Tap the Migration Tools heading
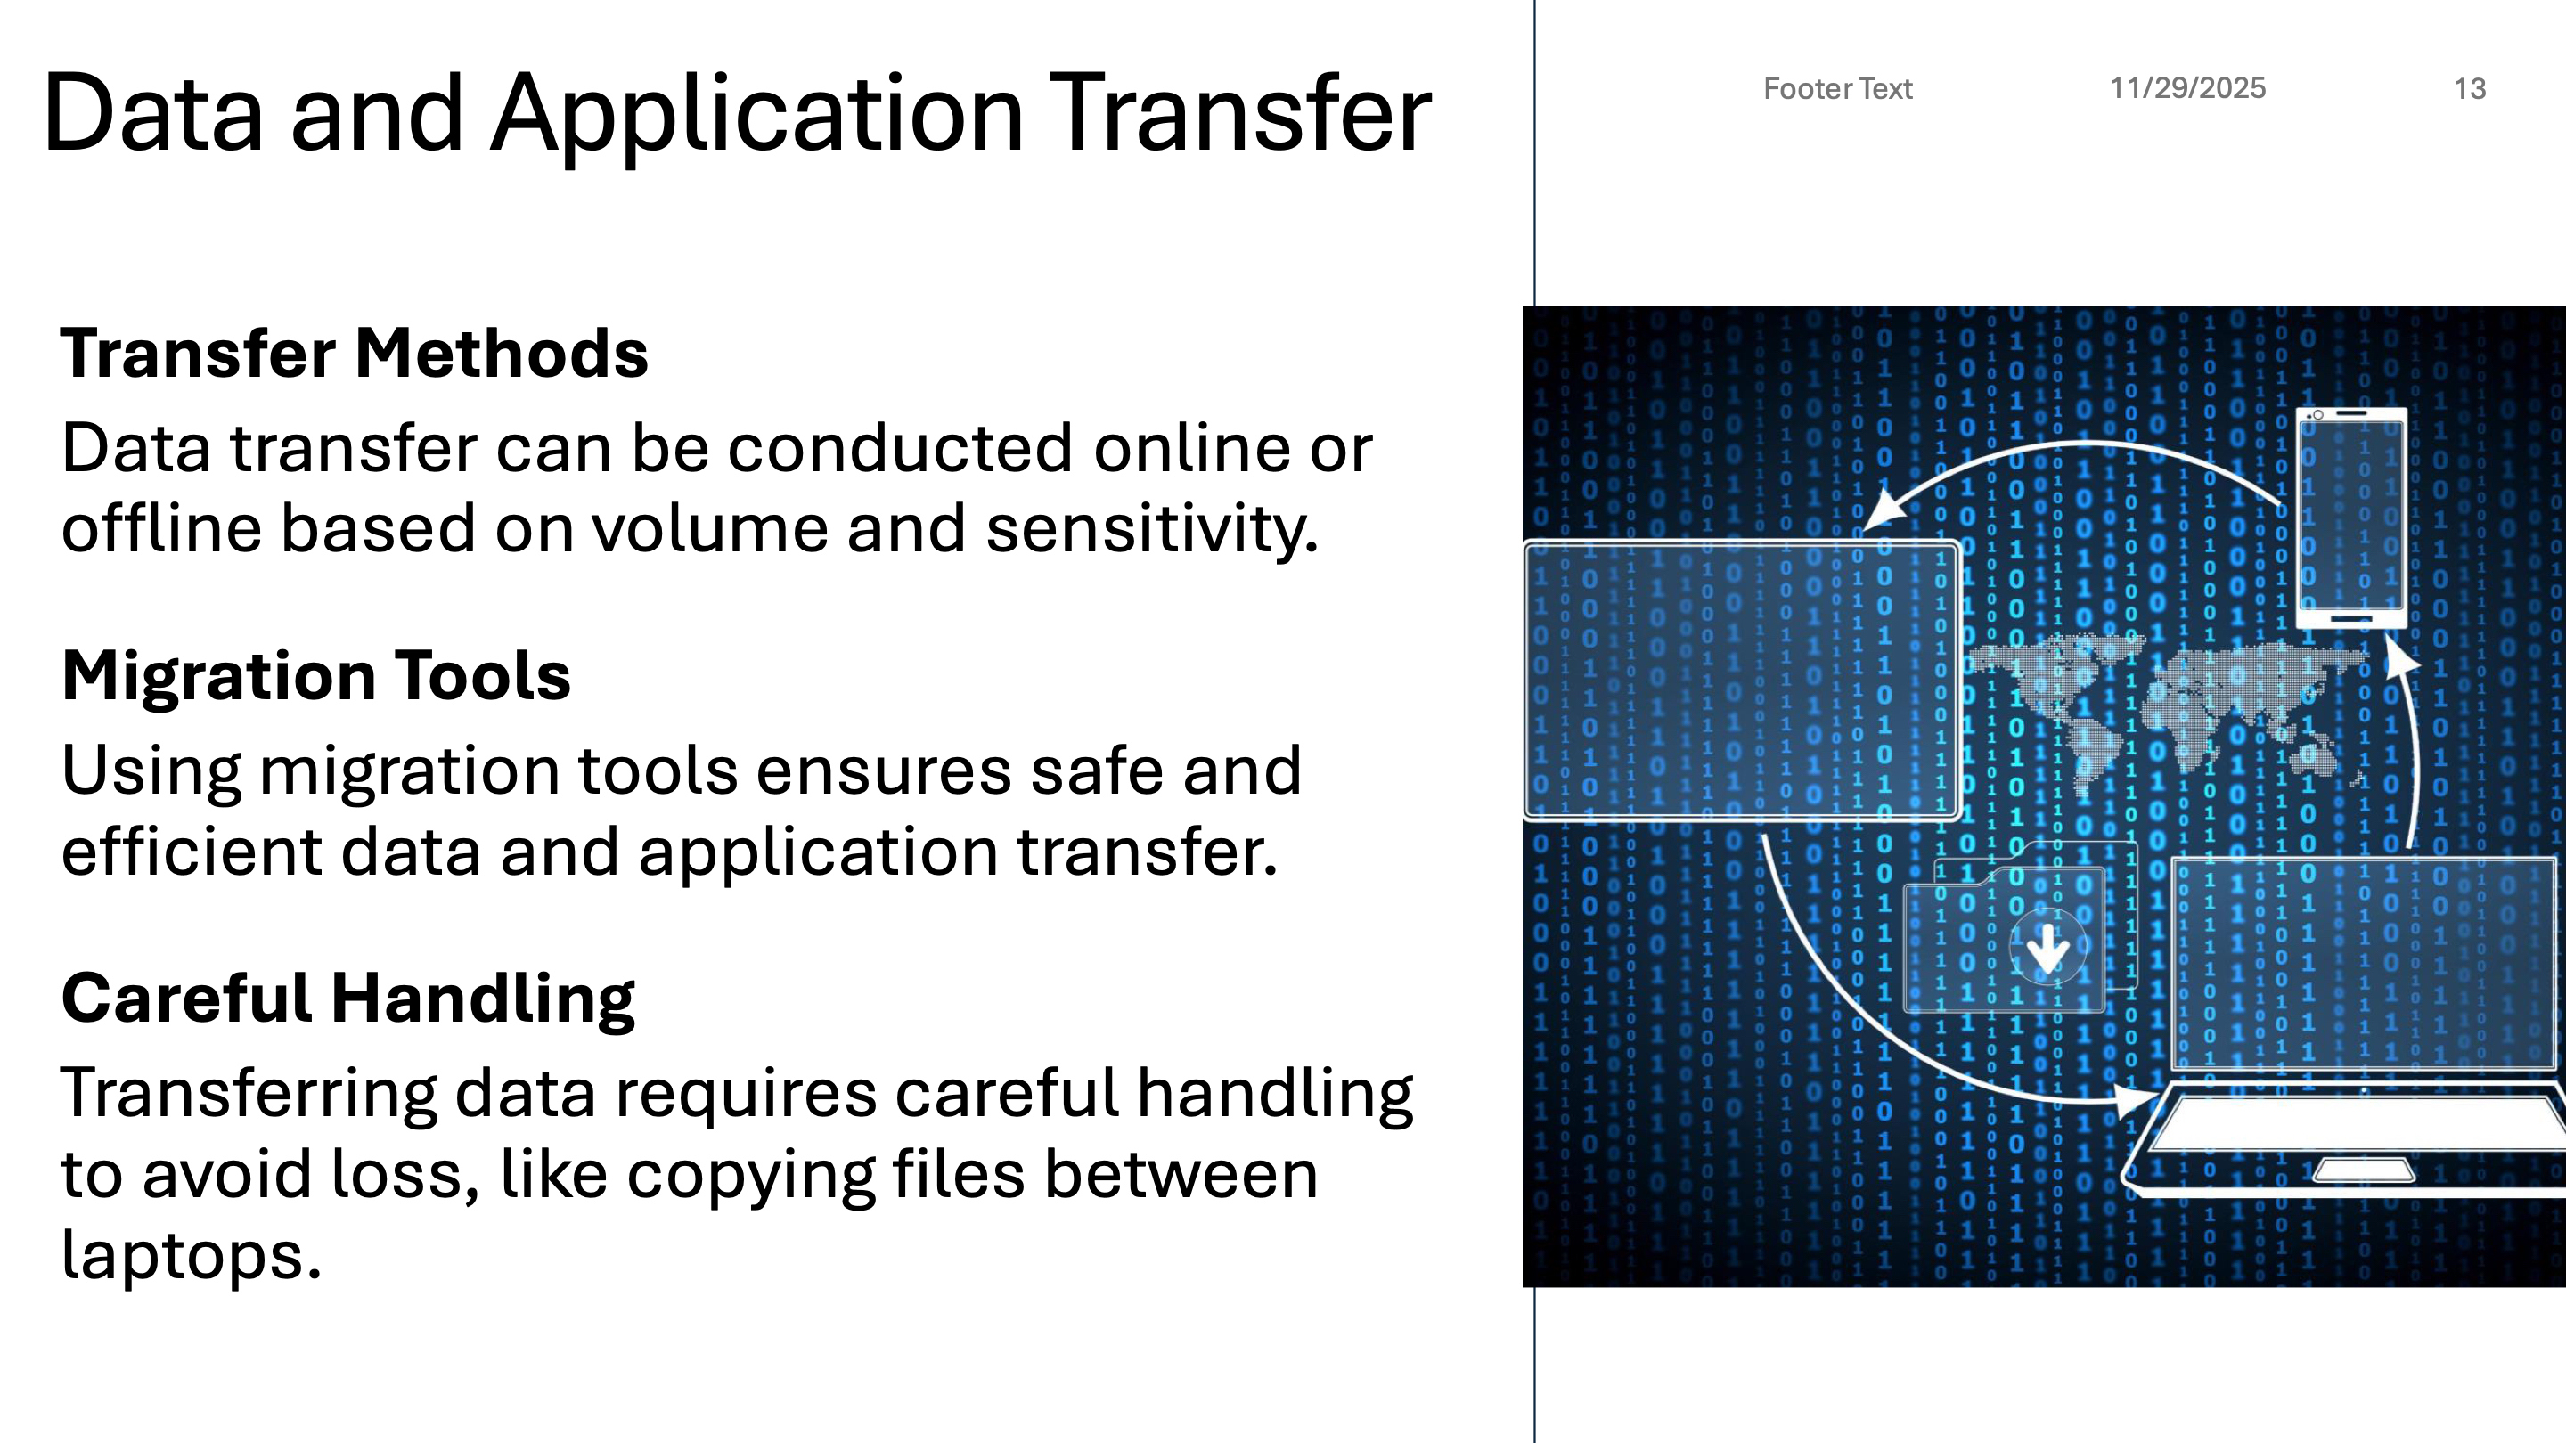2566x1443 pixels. coord(315,675)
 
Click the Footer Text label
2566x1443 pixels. coord(1838,89)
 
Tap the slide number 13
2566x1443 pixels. coord(2470,89)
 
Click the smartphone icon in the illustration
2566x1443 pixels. coord(2351,517)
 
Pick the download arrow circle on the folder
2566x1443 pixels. coord(2047,946)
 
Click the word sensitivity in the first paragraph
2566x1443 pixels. coord(1151,528)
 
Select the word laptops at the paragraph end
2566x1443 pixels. coord(191,1256)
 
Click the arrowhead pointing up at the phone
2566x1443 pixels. coord(2399,657)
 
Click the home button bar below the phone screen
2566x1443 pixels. coord(2351,618)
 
